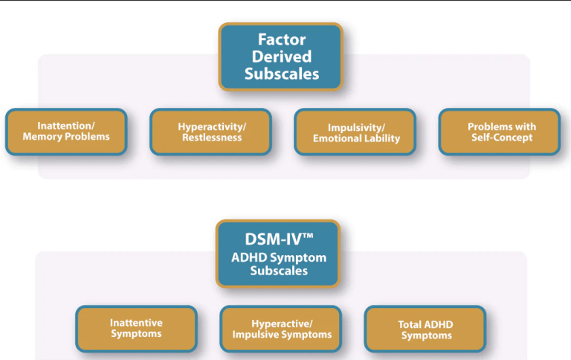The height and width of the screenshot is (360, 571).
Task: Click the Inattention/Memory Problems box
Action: [66, 132]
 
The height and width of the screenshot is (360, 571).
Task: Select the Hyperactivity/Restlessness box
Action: [210, 132]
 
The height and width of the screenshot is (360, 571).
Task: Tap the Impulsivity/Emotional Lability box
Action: [355, 132]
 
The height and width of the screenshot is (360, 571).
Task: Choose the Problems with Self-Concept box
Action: [500, 132]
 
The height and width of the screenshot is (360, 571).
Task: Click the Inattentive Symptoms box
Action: [136, 328]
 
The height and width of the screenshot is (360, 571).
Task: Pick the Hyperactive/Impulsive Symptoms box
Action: [280, 328]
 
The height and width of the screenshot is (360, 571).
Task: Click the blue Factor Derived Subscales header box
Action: [280, 56]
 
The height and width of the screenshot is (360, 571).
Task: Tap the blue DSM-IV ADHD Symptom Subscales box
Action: [277, 254]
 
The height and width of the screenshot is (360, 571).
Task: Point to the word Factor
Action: [281, 39]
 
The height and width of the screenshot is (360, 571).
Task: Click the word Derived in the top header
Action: [281, 56]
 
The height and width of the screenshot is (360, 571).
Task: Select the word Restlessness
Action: [212, 137]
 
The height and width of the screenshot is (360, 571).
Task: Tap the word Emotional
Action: [340, 138]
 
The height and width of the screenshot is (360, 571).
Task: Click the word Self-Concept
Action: [502, 138]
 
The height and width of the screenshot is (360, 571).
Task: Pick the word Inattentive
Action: [136, 323]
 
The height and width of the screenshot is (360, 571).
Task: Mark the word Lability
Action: [384, 138]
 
